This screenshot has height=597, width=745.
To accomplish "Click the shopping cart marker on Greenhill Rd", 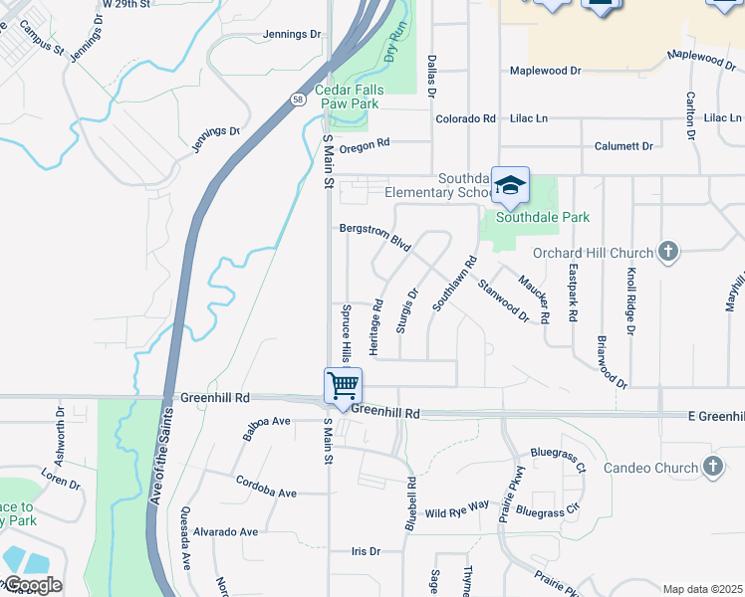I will [343, 385].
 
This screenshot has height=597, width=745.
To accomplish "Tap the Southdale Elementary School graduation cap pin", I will [510, 185].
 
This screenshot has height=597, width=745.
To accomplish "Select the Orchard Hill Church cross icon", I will [667, 252].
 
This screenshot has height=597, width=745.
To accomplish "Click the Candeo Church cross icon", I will [711, 466].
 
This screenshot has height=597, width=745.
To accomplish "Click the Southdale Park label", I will [543, 217].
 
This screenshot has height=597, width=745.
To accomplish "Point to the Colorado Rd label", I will [465, 118].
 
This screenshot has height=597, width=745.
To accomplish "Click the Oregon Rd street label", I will [364, 146].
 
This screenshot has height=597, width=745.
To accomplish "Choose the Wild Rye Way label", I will [457, 510].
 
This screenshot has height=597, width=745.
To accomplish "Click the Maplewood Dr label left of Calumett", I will [545, 71].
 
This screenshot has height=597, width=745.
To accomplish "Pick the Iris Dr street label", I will [367, 550].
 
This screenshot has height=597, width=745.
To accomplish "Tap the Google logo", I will [33, 585].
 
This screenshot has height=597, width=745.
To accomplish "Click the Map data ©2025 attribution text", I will [702, 589].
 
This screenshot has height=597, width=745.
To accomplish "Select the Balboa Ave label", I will [266, 428].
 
